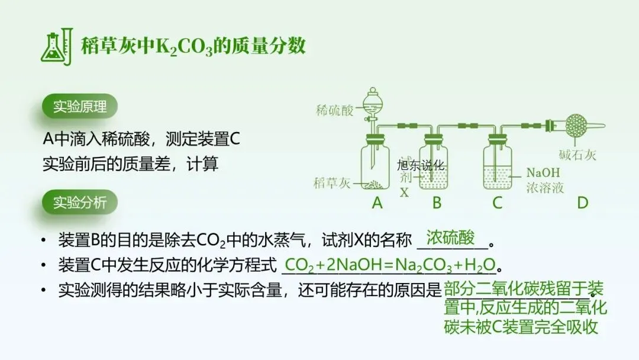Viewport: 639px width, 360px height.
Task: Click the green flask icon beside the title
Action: point(57,47)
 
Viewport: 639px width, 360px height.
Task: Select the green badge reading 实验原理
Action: point(80,107)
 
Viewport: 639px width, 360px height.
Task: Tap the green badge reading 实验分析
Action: point(80,202)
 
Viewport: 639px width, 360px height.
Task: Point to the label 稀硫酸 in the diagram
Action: point(334,110)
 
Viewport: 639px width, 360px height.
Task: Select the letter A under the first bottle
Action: point(377,203)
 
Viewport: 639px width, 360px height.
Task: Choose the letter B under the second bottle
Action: point(437,203)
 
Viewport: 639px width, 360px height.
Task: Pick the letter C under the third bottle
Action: point(497,203)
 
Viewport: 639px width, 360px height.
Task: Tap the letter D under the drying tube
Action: point(583,203)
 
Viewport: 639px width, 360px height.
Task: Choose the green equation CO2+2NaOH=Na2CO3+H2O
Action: point(389,264)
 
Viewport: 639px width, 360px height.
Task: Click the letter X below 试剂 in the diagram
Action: point(405,192)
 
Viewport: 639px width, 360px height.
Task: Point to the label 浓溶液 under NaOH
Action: point(545,188)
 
